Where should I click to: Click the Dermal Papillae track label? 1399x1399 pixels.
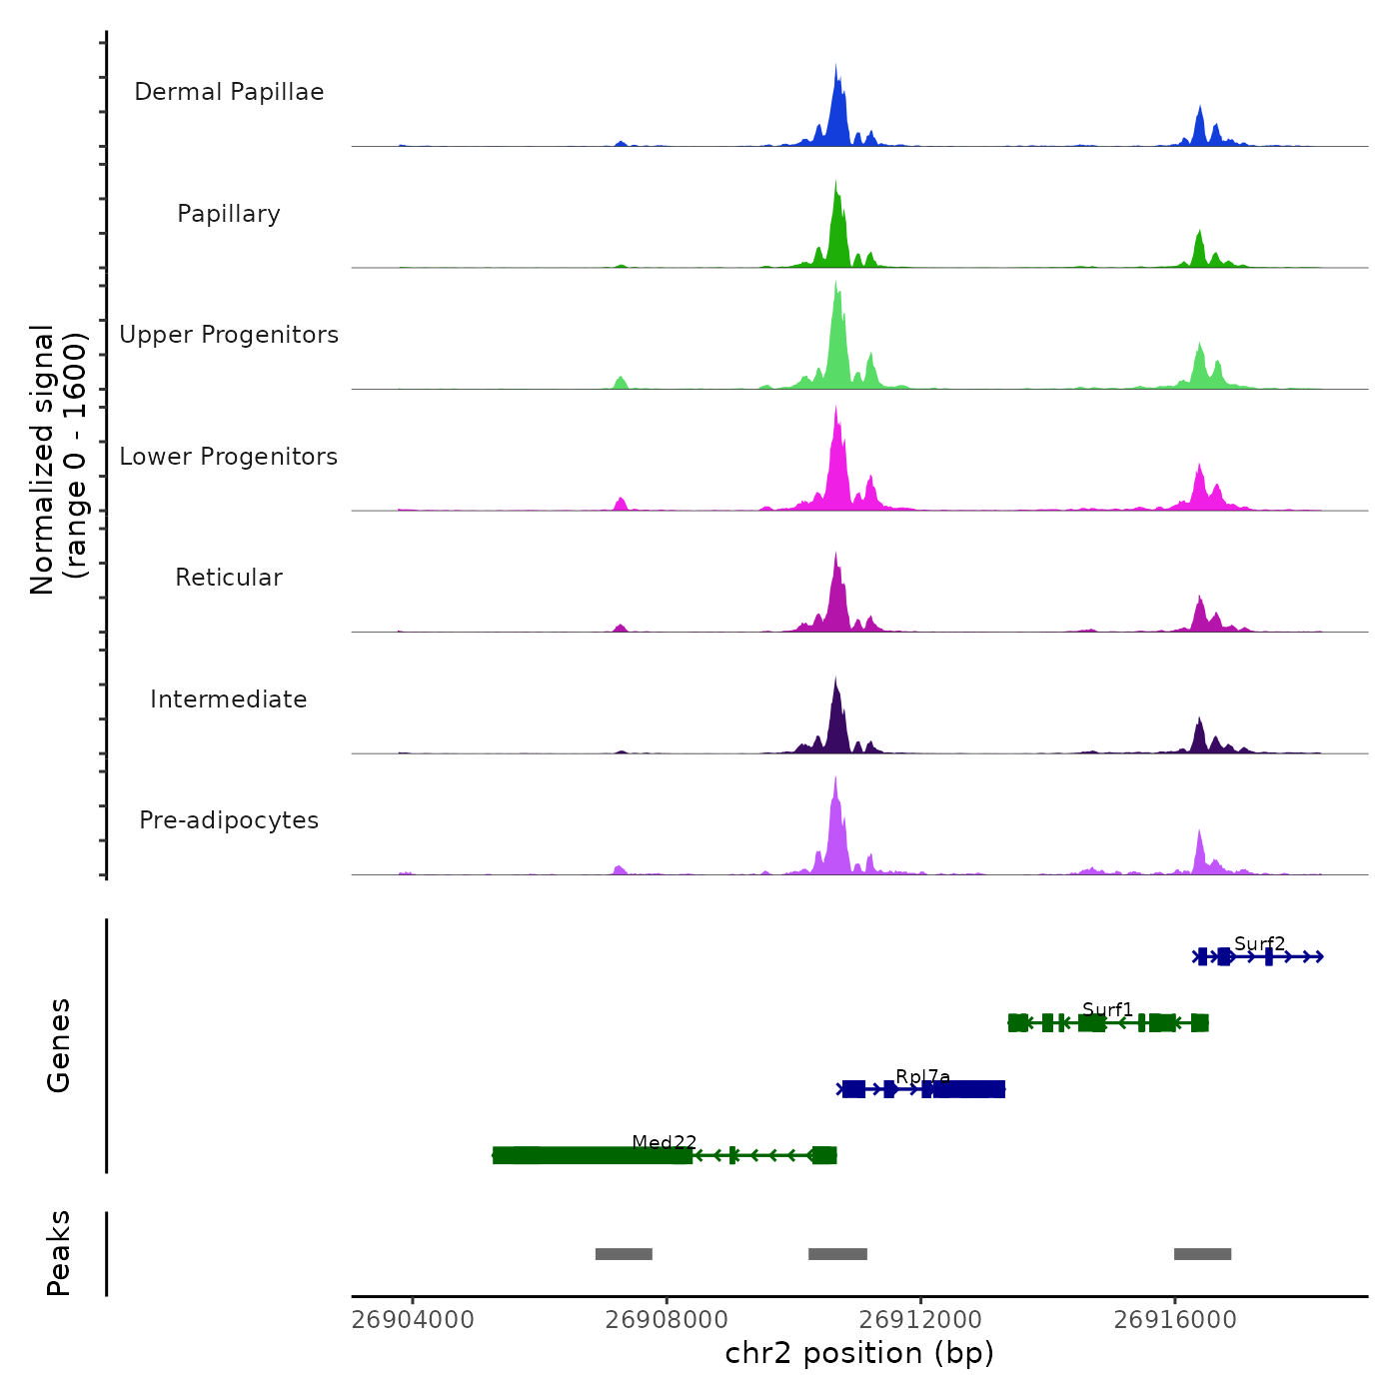[229, 92]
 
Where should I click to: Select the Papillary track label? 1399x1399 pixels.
[229, 214]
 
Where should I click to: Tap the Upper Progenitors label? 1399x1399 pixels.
[229, 335]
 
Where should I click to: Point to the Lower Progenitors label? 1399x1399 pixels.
[229, 457]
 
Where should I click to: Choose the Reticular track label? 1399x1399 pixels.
[229, 578]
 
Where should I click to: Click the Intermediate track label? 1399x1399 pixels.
[229, 699]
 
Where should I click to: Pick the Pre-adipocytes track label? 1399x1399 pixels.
[229, 820]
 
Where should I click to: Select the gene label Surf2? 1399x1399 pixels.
[1259, 944]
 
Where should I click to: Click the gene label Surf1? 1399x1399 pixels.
[1107, 1009]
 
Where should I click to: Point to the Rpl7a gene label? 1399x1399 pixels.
[922, 1076]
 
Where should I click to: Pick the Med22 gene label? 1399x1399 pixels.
[664, 1142]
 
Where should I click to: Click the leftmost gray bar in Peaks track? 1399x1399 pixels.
[624, 1254]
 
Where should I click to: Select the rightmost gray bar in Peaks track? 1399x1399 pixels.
[1202, 1254]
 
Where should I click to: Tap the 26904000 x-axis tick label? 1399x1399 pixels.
[413, 1320]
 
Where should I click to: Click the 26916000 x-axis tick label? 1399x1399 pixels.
[1175, 1320]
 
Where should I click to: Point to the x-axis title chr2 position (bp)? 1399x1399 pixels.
[859, 1353]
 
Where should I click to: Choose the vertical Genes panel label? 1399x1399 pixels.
[59, 1045]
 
